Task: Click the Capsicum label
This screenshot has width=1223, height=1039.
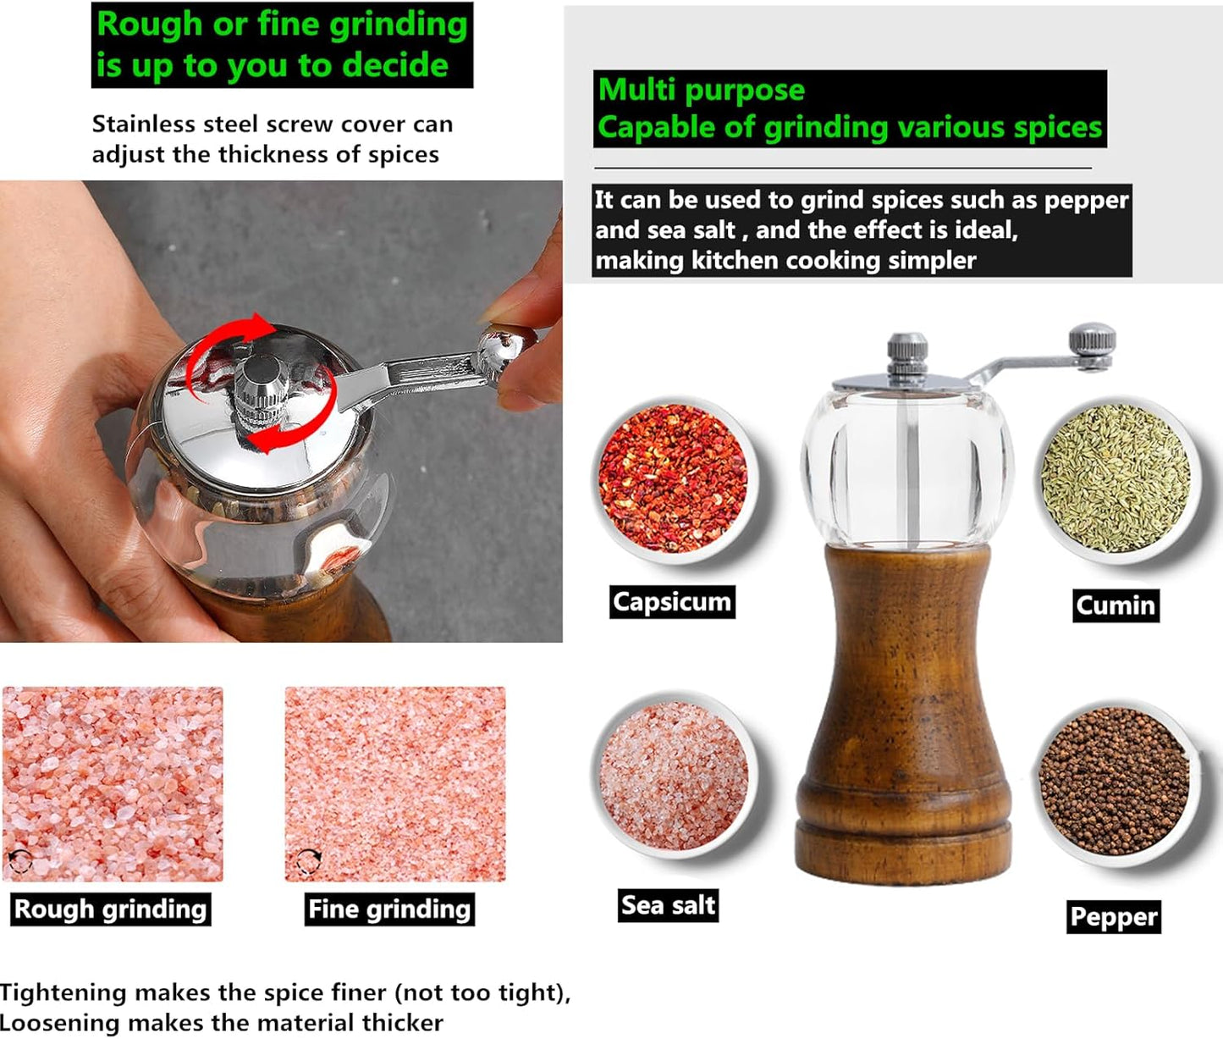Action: pos(672,602)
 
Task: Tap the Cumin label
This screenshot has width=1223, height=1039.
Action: pos(1116,605)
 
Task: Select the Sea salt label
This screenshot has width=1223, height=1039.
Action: pos(668,905)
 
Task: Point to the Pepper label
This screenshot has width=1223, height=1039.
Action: pos(1114,916)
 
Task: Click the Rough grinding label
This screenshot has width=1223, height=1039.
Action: pos(111,909)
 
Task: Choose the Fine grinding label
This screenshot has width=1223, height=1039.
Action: pos(389,909)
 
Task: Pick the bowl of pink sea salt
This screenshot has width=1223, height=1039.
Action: pos(674,774)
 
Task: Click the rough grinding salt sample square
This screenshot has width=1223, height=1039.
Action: pos(113,784)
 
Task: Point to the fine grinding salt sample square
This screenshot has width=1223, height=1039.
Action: pos(395,784)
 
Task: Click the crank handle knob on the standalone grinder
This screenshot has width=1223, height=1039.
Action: pos(1093,346)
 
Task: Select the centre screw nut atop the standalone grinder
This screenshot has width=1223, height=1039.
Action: pos(907,353)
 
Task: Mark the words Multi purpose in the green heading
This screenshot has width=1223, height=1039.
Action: pos(701,90)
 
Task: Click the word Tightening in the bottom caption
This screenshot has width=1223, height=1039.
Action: pos(63,992)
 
